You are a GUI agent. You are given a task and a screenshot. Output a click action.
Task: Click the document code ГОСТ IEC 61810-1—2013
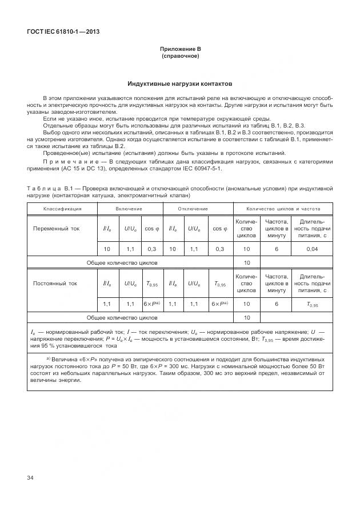[x=63, y=31]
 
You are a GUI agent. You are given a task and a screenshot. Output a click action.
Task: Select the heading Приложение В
[x=180, y=50]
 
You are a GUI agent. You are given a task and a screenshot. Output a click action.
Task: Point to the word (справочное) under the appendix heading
[x=180, y=57]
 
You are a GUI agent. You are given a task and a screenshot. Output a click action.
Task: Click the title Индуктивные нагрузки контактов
[x=180, y=83]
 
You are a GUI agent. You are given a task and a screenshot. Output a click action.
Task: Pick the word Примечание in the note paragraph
[x=65, y=162]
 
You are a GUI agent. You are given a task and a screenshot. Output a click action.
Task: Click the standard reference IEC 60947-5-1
[x=200, y=169]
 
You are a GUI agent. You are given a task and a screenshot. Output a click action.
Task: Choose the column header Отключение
[x=193, y=209]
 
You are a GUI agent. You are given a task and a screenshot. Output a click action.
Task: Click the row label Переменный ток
[x=56, y=228]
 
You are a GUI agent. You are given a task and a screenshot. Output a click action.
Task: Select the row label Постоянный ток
[x=55, y=283]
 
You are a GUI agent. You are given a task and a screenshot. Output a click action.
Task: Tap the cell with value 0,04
[x=313, y=249]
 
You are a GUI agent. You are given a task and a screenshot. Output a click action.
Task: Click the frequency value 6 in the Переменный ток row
[x=276, y=249]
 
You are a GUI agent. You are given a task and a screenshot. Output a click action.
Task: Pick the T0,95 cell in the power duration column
[x=313, y=304]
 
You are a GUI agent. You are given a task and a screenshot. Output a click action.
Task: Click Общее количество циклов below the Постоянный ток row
[x=122, y=317]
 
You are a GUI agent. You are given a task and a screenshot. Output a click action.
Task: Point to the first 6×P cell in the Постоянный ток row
[x=151, y=304]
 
